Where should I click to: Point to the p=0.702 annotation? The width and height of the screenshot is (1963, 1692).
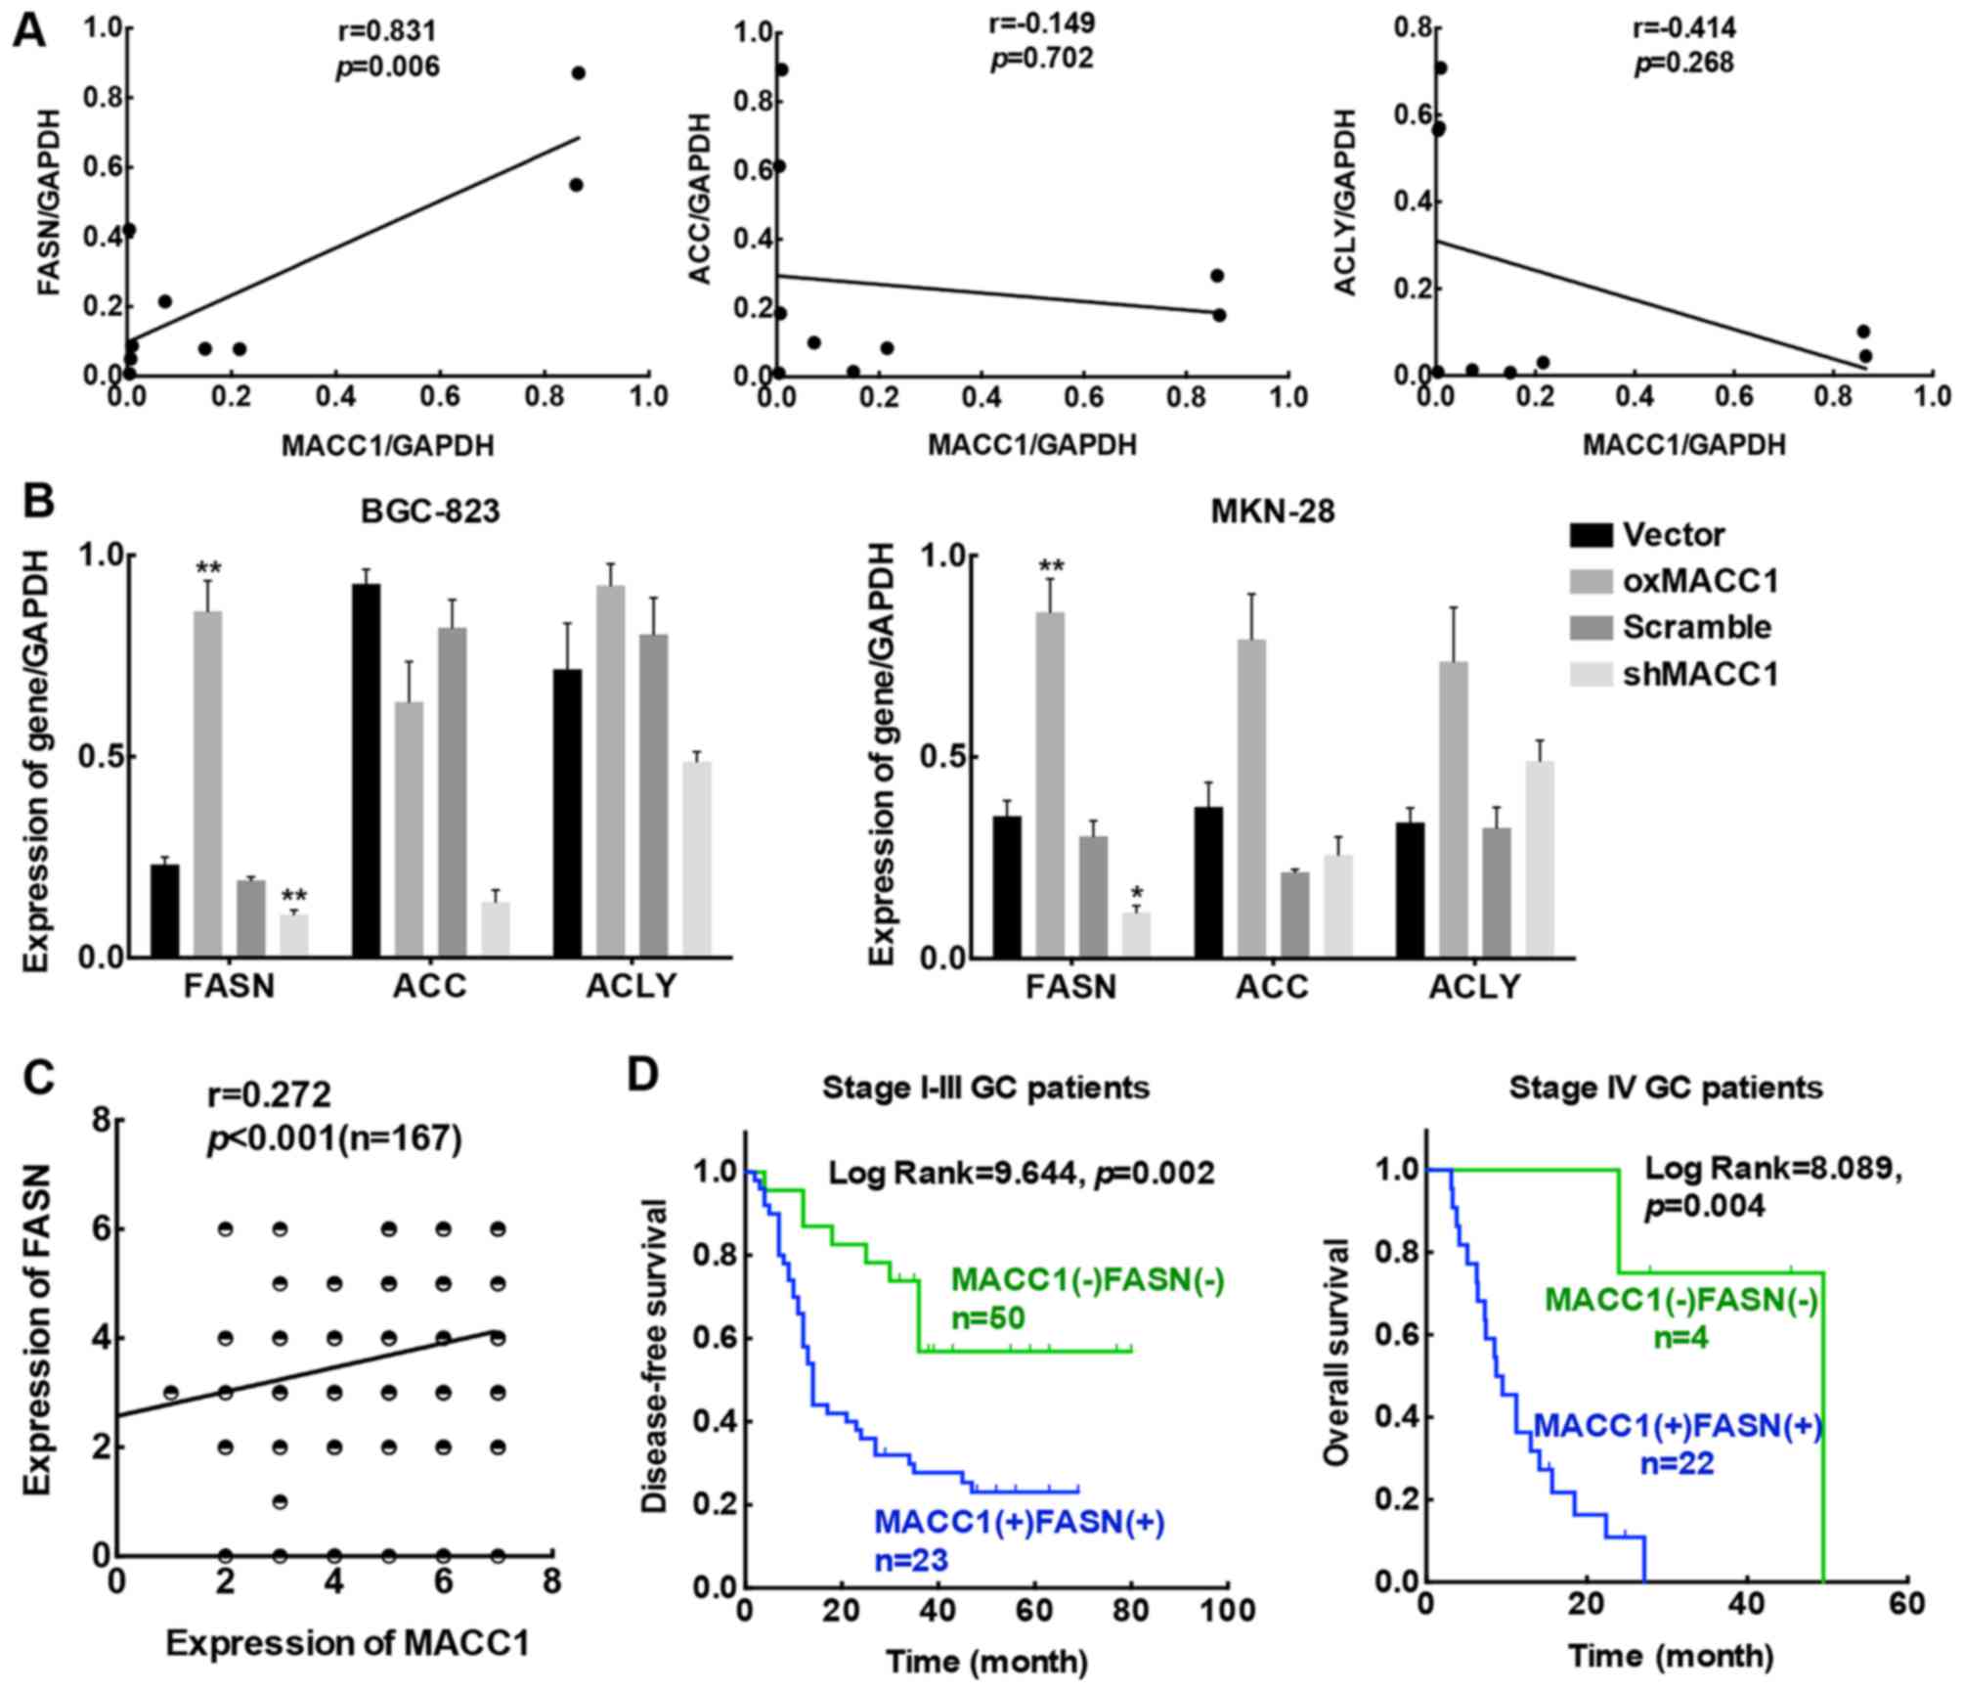coord(1042,59)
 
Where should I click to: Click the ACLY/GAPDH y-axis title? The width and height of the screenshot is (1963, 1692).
coord(1345,202)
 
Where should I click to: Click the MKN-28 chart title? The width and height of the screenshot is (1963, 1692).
coord(1275,511)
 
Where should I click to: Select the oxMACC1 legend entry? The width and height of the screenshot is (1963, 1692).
coord(1700,581)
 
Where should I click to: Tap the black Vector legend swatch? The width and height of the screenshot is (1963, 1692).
coord(1590,535)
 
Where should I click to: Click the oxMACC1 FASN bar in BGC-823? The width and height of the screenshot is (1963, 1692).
coord(206,782)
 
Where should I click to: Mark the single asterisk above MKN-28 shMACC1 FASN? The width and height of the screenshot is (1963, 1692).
coord(1136,893)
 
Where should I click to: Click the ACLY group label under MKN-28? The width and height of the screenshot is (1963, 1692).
coord(1474,988)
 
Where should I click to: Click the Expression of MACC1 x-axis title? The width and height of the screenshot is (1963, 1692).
coord(347,1644)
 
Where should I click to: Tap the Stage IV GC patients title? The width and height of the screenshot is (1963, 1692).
coord(1666,1088)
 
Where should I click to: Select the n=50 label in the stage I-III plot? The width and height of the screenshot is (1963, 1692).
coord(987,1318)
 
